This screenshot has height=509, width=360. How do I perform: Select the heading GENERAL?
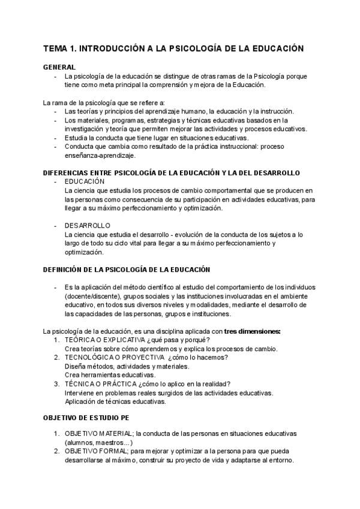coord(59,67)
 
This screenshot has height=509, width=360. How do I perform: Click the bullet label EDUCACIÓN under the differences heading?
coord(85,181)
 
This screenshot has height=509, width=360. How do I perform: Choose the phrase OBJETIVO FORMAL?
coord(97,451)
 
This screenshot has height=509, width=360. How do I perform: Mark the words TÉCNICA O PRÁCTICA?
coord(100,384)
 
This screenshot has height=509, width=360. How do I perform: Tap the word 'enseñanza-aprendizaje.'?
coord(100,155)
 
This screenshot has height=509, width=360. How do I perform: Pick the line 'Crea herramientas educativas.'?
coord(110,375)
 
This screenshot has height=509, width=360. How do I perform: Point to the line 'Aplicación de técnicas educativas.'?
coord(115,402)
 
